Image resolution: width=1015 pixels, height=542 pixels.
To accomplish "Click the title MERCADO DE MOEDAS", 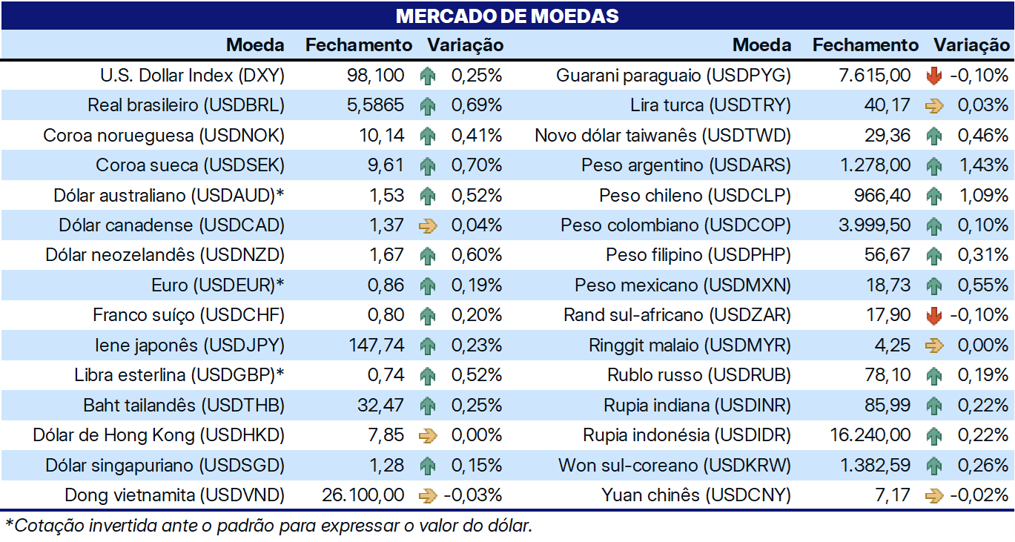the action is tap(507, 16).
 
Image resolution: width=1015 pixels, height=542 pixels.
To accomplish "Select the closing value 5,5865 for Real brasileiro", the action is tap(375, 105).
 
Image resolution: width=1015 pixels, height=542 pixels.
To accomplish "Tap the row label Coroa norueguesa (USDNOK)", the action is tap(164, 136).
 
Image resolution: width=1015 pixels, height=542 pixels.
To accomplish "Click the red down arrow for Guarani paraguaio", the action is tap(934, 76).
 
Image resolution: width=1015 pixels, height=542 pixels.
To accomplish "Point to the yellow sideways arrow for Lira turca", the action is tap(934, 106).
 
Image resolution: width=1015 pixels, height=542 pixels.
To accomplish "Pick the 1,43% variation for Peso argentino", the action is tap(984, 165).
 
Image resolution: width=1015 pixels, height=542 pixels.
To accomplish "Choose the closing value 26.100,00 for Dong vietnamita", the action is tap(363, 495).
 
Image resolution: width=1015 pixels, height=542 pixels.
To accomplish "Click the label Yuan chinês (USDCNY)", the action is tap(696, 495).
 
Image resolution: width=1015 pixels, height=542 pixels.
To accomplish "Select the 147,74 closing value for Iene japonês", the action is tap(376, 346).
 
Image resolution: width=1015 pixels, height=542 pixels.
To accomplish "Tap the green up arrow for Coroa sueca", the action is tap(427, 166).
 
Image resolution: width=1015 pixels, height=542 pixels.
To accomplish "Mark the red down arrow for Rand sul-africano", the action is tap(934, 315).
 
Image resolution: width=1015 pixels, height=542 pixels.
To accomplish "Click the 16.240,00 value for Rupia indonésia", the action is tap(870, 435).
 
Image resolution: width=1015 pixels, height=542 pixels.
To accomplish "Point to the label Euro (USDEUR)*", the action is tap(217, 285).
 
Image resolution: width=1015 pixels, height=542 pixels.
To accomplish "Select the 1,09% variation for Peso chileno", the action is tap(984, 196).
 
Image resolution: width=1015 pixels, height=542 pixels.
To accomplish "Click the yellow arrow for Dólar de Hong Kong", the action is tap(428, 436).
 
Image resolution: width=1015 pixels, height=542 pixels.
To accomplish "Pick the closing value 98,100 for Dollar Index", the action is tap(376, 76).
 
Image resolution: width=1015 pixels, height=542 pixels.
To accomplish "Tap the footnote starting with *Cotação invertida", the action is tap(268, 526).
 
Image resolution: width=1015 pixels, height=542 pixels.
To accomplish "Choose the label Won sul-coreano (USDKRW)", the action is tap(674, 466).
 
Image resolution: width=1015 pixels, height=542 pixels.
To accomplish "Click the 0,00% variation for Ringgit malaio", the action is tap(983, 346).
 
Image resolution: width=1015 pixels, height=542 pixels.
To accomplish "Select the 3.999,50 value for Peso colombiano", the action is tap(875, 225).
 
